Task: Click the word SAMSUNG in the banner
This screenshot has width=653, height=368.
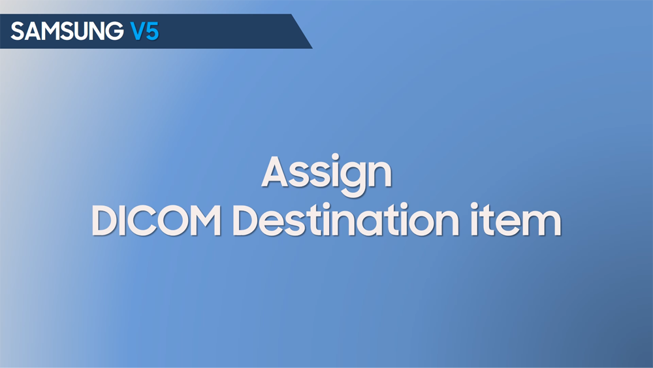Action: (67, 31)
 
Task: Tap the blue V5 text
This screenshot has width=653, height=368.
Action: (144, 31)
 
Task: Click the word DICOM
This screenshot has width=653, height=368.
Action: (156, 220)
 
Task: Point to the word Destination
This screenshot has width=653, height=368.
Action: (346, 220)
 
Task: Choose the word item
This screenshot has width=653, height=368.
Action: (516, 220)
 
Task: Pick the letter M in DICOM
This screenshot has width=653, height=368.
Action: (203, 221)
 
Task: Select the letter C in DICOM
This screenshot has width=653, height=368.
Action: (136, 221)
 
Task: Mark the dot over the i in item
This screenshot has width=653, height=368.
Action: (474, 206)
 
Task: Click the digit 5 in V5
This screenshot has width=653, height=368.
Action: (152, 31)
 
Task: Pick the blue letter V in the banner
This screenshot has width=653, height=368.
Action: (137, 31)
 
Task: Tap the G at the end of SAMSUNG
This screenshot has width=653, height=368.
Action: (114, 31)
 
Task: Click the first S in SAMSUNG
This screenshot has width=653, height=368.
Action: (18, 31)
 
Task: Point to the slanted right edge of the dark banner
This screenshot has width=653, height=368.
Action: (302, 31)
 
